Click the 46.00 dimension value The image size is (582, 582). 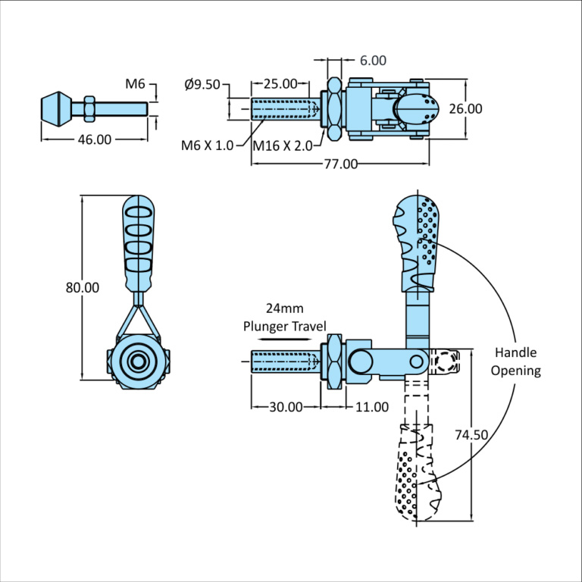[x=93, y=139]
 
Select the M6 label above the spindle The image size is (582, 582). [x=136, y=83]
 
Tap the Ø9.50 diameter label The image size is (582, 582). [x=202, y=84]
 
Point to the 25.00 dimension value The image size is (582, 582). [x=280, y=83]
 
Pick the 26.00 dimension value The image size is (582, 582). [x=465, y=108]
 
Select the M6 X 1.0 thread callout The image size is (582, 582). [x=207, y=145]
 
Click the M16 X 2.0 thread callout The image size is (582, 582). [x=282, y=145]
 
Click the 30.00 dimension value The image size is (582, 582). [x=286, y=407]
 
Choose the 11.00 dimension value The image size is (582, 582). [x=371, y=407]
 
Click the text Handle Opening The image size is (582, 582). [x=515, y=361]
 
